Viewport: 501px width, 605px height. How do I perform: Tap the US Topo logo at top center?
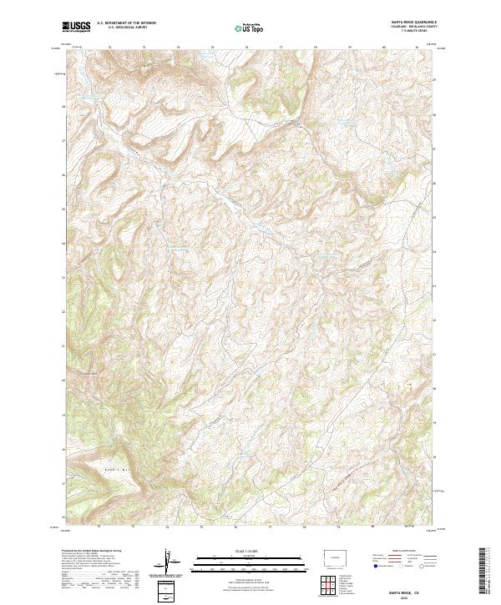click(x=250, y=28)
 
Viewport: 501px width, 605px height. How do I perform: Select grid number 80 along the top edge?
click(x=383, y=48)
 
